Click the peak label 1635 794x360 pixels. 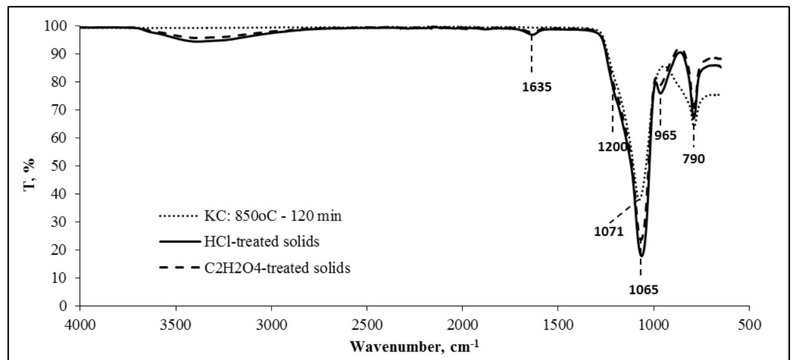click(x=537, y=88)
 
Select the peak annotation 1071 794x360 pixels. click(x=609, y=232)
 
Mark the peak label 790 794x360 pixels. click(x=693, y=159)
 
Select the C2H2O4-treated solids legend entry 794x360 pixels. click(x=277, y=268)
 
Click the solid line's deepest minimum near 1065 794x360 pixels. click(x=642, y=256)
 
